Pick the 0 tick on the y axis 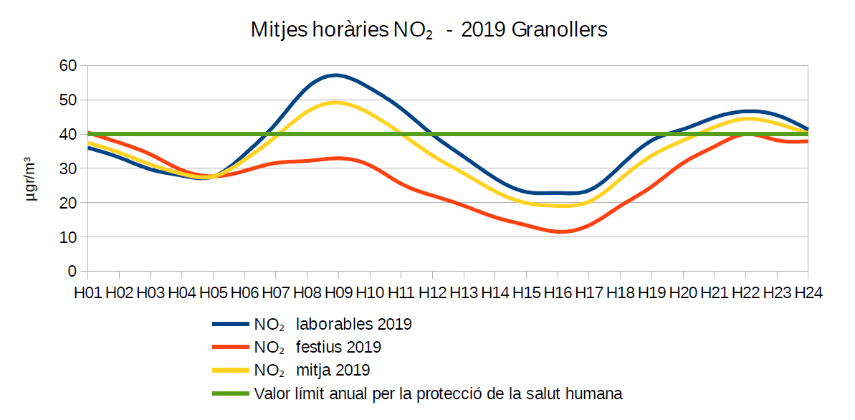(x=72, y=272)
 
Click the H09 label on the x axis (x=338, y=292)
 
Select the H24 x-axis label (x=807, y=292)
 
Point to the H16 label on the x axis (x=558, y=292)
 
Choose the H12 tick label (x=432, y=292)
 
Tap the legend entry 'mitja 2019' (x=333, y=371)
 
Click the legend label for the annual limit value (x=438, y=393)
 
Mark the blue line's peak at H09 (x=336, y=75)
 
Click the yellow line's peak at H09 (x=336, y=102)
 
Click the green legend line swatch (x=231, y=393)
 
